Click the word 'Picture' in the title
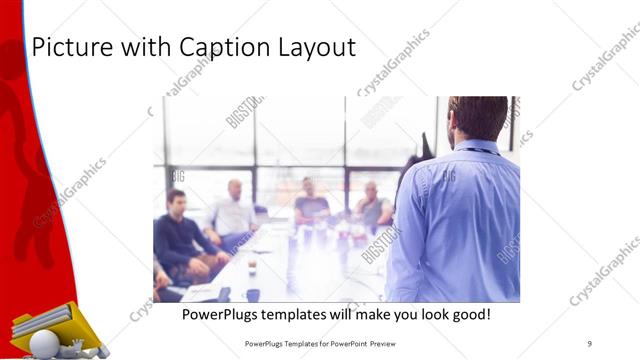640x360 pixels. [x=71, y=47]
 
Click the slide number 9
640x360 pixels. [x=590, y=343]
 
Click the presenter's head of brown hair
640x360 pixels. [x=477, y=116]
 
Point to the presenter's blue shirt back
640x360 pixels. [x=460, y=220]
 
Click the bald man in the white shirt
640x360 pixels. [x=234, y=210]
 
